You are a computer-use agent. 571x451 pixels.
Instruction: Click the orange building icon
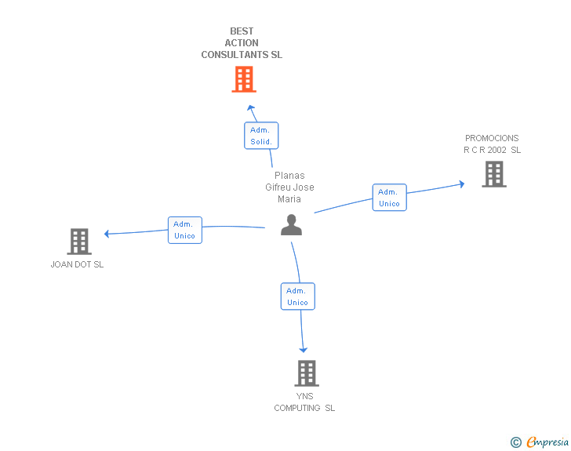pos(244,79)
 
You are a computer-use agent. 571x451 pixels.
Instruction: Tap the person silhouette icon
pos(291,225)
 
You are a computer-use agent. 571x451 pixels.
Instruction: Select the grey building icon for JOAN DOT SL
pos(79,242)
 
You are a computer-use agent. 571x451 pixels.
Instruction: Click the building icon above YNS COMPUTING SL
pos(307,373)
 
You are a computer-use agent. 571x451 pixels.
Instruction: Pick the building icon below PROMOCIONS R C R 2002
pos(494,174)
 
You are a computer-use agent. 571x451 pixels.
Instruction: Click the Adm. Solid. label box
pos(261,136)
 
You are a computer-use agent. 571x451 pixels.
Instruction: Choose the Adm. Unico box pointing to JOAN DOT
pos(185,230)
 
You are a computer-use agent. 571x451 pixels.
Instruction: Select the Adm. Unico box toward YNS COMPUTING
pos(298,296)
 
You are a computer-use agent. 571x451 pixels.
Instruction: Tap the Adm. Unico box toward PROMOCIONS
pos(390,198)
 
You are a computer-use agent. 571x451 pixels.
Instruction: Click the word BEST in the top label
pos(242,31)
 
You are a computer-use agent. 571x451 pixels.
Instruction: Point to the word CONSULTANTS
pos(235,55)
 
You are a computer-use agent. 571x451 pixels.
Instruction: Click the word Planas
pos(289,176)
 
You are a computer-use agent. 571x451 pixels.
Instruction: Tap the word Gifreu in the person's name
pos(279,187)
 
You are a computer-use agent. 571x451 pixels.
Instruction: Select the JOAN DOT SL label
pos(77,264)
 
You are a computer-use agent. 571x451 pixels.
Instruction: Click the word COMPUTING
pos(297,408)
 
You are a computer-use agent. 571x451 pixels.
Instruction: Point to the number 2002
pos(496,150)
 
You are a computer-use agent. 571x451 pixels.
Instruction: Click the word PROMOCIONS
pos(492,138)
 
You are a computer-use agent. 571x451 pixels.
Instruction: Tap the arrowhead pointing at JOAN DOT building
pos(107,234)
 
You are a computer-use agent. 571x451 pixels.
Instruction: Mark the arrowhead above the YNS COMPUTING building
pos(304,350)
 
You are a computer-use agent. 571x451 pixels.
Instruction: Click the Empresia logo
pos(540,442)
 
